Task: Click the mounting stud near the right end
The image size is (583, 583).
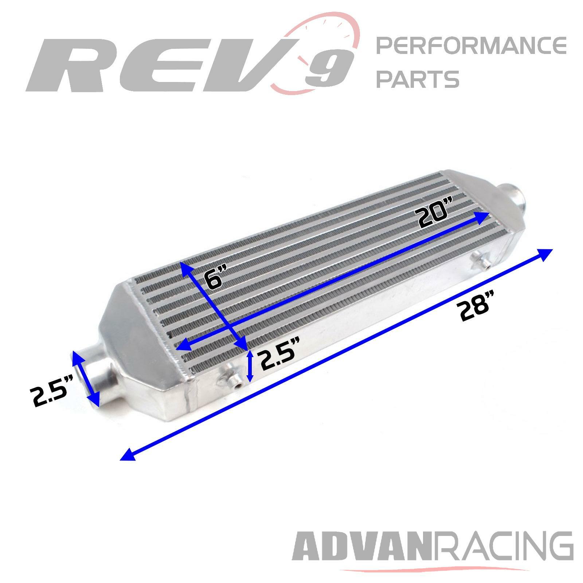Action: [480, 261]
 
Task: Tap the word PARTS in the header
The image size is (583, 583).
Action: [418, 79]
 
